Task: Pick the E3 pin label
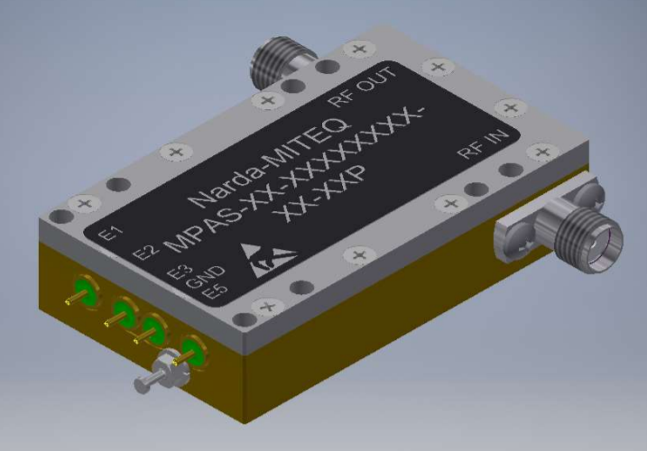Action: pyautogui.click(x=180, y=271)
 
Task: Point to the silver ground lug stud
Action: pyautogui.click(x=153, y=379)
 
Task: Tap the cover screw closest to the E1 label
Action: pyautogui.click(x=86, y=203)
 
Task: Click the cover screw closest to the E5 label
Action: pyautogui.click(x=267, y=308)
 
